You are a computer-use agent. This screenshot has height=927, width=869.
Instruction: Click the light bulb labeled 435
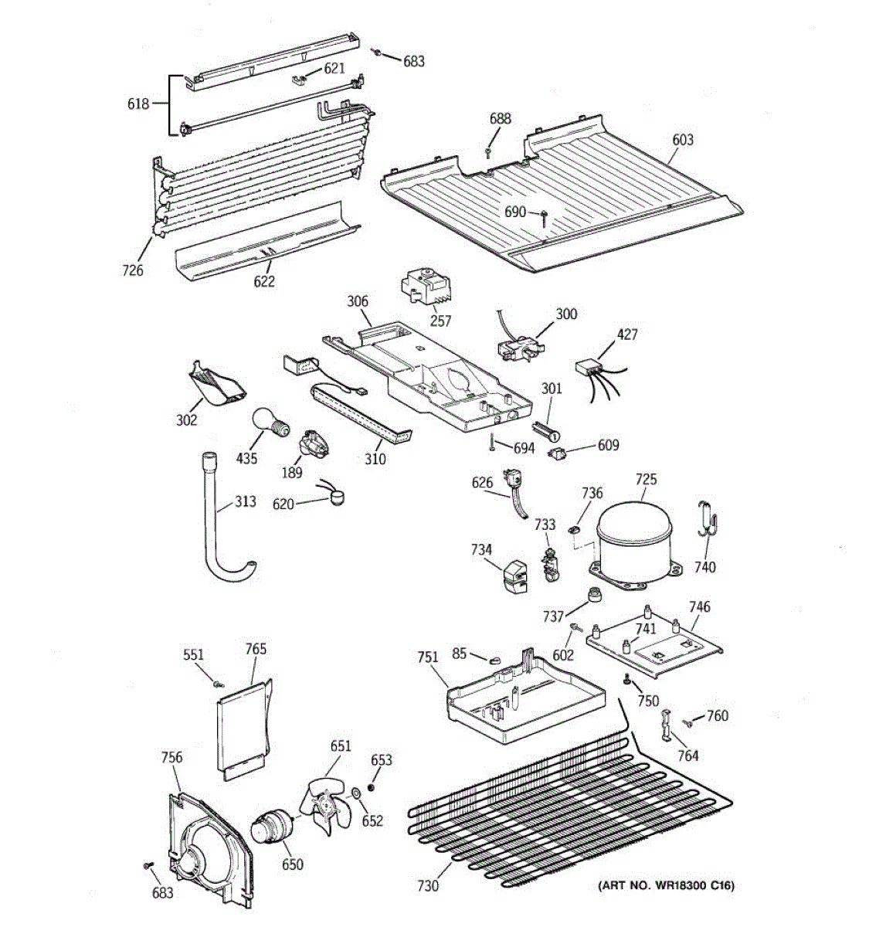coord(270,422)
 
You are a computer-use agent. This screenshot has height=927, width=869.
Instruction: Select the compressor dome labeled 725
coord(635,545)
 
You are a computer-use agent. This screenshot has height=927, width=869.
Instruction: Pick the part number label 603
coord(683,140)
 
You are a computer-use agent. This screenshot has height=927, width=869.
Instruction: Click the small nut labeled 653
coord(372,787)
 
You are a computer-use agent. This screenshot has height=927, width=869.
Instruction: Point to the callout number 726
coord(133,270)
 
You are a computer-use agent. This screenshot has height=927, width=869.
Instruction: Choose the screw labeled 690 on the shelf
coord(544,218)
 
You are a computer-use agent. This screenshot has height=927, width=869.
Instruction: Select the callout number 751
coord(428,657)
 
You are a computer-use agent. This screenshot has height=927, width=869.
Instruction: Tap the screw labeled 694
coord(494,442)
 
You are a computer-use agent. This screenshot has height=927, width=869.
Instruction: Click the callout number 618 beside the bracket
coord(138,104)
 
